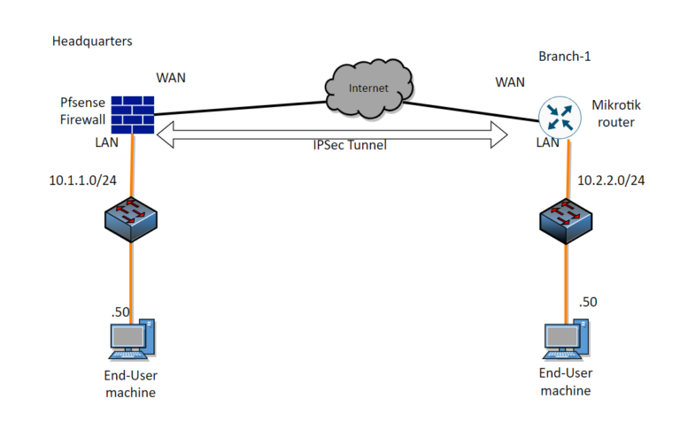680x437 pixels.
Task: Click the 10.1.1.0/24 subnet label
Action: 81,180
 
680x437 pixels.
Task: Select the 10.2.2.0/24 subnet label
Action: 611,180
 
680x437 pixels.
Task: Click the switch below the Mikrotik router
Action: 566,220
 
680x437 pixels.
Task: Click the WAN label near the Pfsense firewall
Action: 172,77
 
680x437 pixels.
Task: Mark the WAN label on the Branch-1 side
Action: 510,81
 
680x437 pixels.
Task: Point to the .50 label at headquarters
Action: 120,311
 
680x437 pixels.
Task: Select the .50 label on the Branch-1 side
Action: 588,302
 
